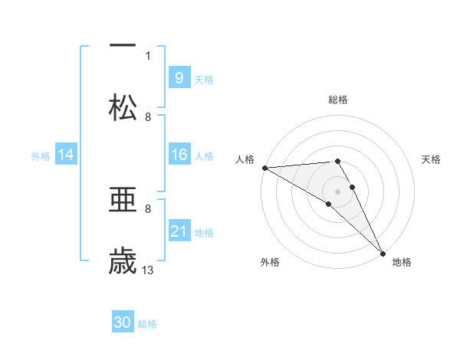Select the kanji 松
click(123, 107)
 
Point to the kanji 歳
click(123, 261)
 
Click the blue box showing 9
click(179, 77)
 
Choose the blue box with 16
click(179, 155)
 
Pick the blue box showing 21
click(179, 231)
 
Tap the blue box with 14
click(66, 155)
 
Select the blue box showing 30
click(123, 322)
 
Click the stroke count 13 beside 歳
click(148, 270)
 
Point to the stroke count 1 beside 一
click(148, 55)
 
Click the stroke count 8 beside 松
click(148, 117)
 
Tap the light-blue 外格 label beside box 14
click(41, 155)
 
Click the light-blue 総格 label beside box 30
click(147, 324)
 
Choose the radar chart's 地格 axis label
click(402, 262)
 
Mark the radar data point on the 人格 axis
click(264, 168)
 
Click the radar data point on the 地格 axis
click(383, 254)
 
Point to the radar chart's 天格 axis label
click(431, 159)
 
